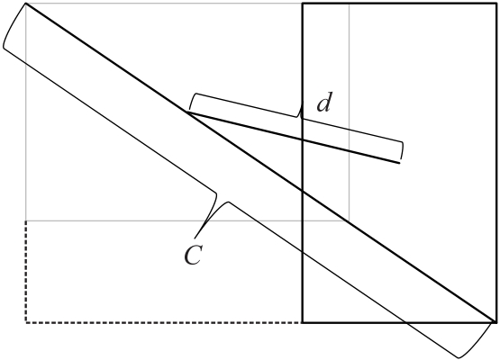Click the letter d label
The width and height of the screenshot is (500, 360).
coord(324,103)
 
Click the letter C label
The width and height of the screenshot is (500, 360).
coord(193,256)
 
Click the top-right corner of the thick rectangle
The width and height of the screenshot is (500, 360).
coord(496,4)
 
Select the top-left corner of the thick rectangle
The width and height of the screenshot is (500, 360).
coord(303,4)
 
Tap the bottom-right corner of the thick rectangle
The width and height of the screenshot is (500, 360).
coord(496,323)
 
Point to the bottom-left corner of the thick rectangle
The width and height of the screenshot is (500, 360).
coord(303,323)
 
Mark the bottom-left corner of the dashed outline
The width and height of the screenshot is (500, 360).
coord(26,323)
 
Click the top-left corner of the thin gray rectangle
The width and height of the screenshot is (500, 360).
coord(26,4)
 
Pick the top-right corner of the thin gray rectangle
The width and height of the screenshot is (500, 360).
coord(350,4)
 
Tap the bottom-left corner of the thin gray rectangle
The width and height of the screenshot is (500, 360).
coord(26,220)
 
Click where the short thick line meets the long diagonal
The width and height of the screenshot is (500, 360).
coord(187,112)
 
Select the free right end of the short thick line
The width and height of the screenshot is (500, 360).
coord(400,163)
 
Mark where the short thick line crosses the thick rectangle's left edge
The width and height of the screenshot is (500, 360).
coord(303,139)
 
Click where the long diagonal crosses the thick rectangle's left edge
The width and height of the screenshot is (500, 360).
coord(303,191)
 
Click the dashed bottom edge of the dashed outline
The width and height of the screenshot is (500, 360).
coord(164,323)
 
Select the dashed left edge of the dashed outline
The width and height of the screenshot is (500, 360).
coord(26,272)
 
